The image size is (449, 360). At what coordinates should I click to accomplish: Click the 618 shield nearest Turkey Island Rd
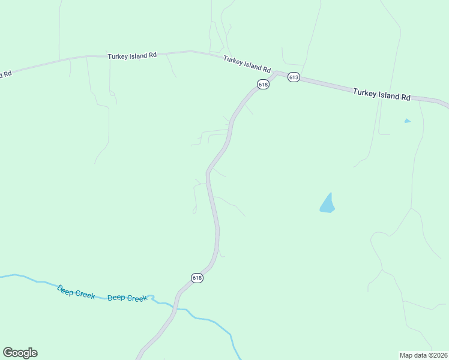263,85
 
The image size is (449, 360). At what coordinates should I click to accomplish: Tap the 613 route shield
294,77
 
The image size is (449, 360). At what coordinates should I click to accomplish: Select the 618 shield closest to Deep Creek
197,278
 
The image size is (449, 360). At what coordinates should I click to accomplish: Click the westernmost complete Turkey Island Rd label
132,55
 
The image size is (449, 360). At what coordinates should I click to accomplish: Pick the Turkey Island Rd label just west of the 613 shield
247,63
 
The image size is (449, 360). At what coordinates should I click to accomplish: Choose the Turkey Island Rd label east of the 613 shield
382,94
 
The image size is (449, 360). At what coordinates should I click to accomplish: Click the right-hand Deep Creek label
127,298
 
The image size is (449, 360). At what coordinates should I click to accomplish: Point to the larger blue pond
327,204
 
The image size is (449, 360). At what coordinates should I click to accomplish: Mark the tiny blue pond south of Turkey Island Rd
408,121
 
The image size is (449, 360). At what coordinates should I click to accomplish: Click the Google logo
20,353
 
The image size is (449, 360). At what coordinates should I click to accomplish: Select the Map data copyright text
423,355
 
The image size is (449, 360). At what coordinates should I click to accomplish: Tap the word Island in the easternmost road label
388,95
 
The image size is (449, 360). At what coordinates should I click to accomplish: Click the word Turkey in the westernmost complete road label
117,55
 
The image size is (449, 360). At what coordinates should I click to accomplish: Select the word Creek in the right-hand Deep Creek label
137,298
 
